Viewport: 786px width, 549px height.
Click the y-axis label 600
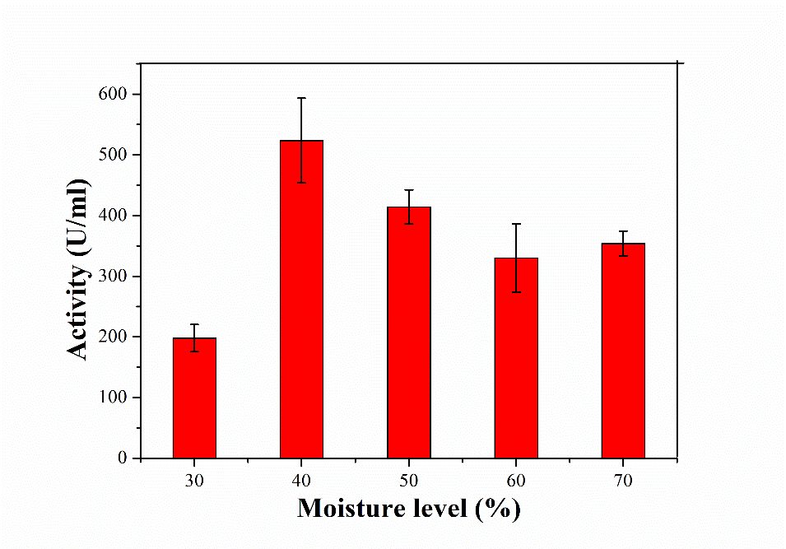click(113, 95)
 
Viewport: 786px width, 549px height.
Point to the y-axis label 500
click(113, 155)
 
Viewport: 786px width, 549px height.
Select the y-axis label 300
click(113, 277)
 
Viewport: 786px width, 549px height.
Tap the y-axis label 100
click(113, 398)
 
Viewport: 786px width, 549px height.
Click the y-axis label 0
click(123, 458)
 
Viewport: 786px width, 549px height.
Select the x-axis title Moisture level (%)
click(409, 508)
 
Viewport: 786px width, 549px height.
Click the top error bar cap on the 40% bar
click(301, 98)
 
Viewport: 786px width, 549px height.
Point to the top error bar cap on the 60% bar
click(516, 224)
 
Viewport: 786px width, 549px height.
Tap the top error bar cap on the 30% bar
click(194, 324)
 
